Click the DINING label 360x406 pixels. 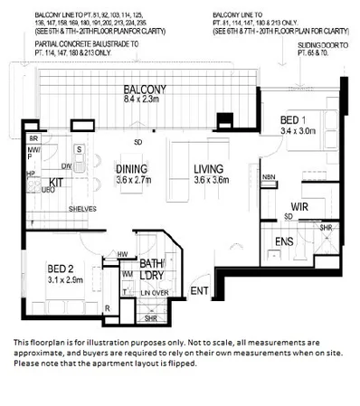point(133,167)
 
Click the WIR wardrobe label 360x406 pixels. point(300,206)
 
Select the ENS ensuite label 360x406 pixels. point(287,241)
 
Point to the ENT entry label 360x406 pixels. point(199,291)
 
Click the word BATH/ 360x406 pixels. point(150,264)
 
